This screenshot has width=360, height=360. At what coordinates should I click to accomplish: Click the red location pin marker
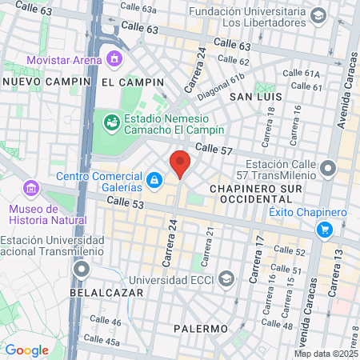pyautogui.click(x=180, y=164)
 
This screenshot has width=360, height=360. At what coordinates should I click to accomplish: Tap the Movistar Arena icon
pyautogui.click(x=114, y=58)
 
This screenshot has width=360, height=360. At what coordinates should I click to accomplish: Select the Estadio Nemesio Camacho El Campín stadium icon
pyautogui.click(x=111, y=122)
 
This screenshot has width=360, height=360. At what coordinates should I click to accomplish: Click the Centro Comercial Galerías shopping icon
pyautogui.click(x=154, y=178)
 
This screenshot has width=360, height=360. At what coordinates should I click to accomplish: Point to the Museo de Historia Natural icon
pyautogui.click(x=31, y=189)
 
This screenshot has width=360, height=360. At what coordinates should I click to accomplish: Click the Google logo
pyautogui.click(x=26, y=350)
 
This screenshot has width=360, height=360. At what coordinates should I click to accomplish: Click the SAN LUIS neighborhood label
pyautogui.click(x=254, y=96)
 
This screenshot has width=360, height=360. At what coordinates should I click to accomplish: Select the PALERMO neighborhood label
pyautogui.click(x=201, y=329)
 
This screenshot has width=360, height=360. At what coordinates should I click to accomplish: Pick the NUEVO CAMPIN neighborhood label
pyautogui.click(x=38, y=82)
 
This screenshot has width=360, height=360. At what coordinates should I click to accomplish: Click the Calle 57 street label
pyautogui.click(x=214, y=149)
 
